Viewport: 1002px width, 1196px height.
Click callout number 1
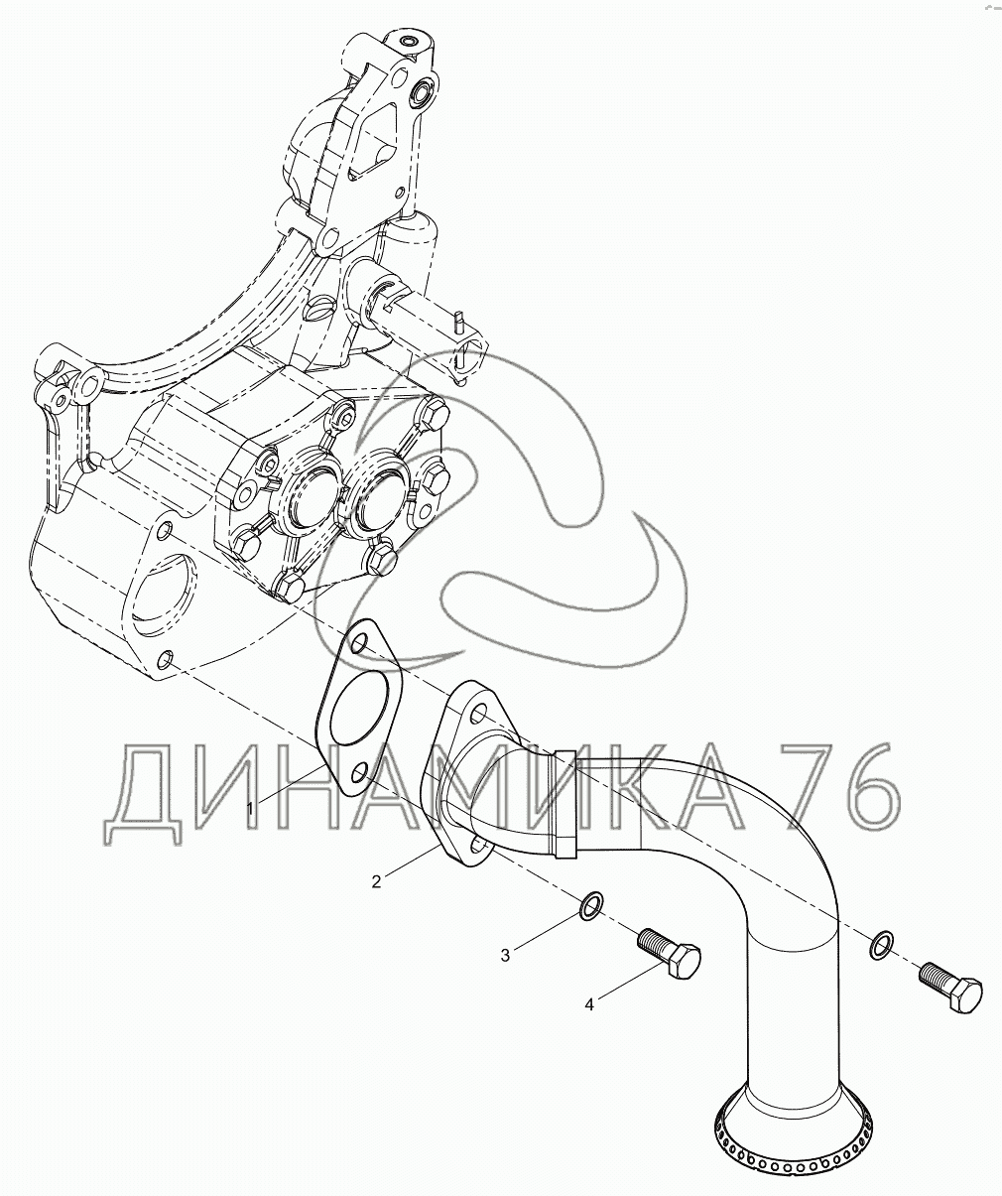(x=250, y=810)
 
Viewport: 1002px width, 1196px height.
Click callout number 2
(x=377, y=881)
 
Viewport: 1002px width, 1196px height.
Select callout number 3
(x=505, y=955)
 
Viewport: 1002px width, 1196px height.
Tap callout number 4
(x=589, y=1004)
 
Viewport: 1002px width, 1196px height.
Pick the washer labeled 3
(x=591, y=903)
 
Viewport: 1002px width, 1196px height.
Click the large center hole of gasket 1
(x=358, y=714)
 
